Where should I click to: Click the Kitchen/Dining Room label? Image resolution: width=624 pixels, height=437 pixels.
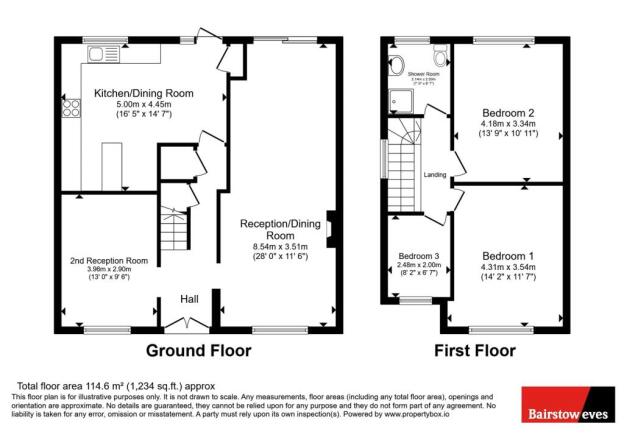pos(143,94)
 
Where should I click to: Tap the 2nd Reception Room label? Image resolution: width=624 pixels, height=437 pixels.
pos(109,261)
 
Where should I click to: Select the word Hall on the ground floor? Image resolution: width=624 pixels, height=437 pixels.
pos(189,299)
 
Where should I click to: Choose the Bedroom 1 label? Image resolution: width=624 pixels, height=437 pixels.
pos(509,255)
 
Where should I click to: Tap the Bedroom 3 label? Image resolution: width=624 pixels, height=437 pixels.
pos(412,256)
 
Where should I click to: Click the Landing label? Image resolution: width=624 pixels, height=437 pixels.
pos(435,176)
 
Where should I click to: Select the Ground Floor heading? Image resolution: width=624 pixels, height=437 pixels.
pos(199,351)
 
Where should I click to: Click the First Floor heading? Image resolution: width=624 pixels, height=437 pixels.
pos(475,351)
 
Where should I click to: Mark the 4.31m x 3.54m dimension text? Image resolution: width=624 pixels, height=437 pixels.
pos(509,267)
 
